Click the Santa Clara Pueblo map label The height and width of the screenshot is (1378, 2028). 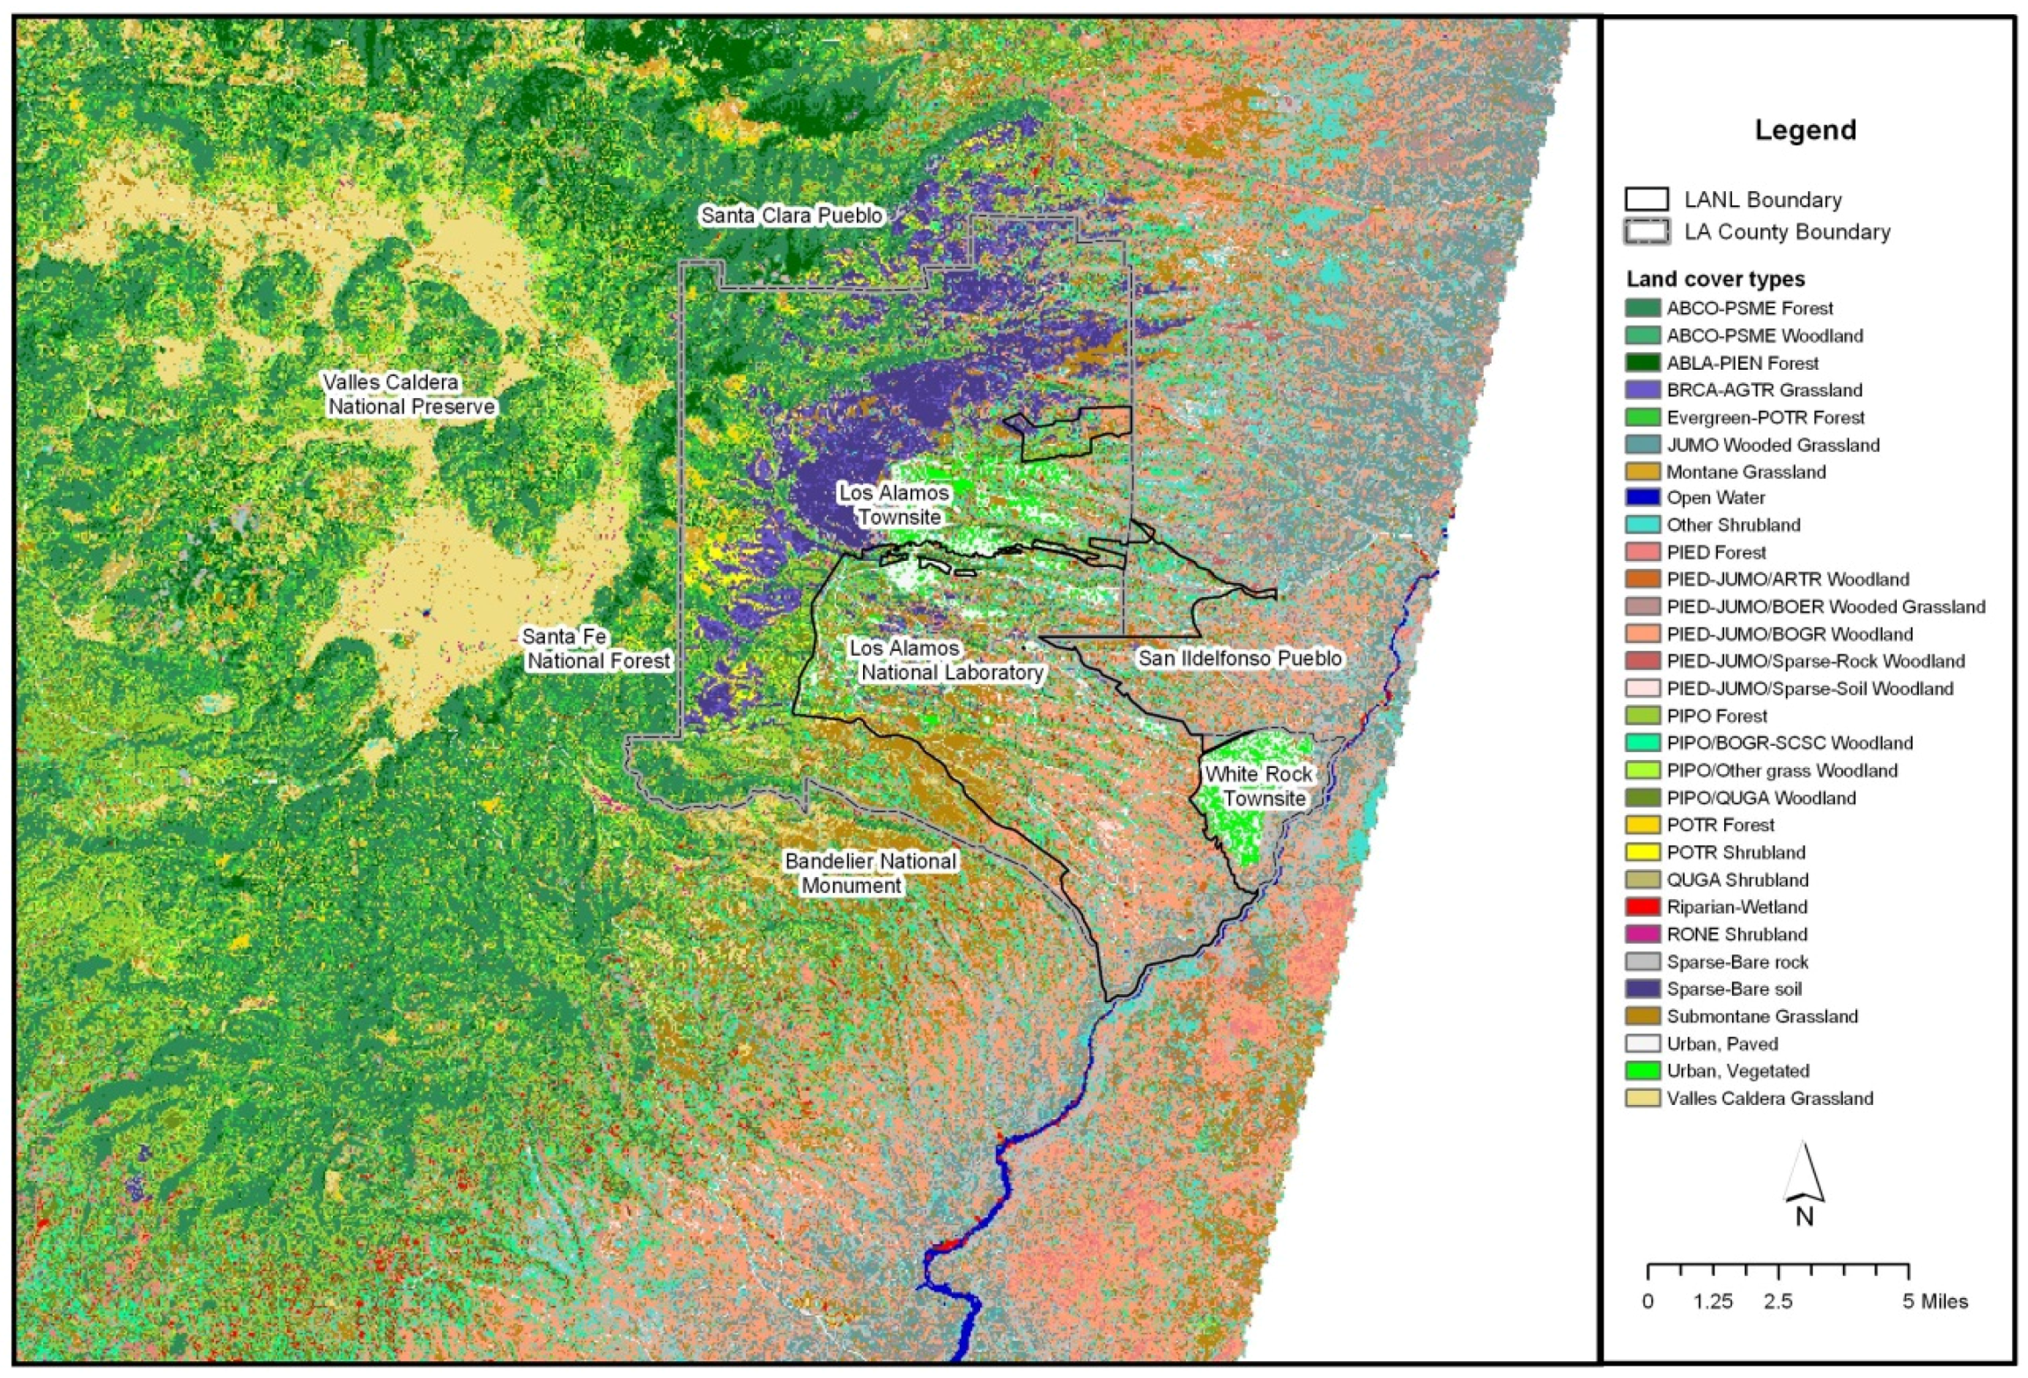click(x=791, y=216)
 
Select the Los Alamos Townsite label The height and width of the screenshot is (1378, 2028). click(x=895, y=505)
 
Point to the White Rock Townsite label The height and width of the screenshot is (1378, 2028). click(x=1258, y=786)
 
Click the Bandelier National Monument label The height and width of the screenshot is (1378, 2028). click(x=869, y=873)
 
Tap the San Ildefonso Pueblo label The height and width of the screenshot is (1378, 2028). click(x=1240, y=658)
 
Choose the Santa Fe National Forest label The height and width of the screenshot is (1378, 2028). click(x=596, y=649)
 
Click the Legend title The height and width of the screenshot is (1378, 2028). click(x=1804, y=130)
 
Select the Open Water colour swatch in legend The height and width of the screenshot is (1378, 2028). click(x=1642, y=497)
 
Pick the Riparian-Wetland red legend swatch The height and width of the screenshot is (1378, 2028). click(x=1642, y=907)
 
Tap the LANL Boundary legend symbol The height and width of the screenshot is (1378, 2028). click(x=1646, y=200)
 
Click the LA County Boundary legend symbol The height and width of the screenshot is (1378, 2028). click(x=1646, y=232)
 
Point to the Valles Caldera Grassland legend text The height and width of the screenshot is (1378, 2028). click(x=1769, y=1098)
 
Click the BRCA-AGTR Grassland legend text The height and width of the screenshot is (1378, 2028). click(x=1764, y=390)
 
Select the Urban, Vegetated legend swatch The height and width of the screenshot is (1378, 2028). click(x=1642, y=1071)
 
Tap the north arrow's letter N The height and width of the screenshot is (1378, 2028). click(x=1803, y=1217)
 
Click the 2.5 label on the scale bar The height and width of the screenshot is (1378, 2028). click(x=1777, y=1301)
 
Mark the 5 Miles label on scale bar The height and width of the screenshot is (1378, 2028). click(x=1934, y=1301)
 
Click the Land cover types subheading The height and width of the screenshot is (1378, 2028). click(x=1715, y=279)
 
